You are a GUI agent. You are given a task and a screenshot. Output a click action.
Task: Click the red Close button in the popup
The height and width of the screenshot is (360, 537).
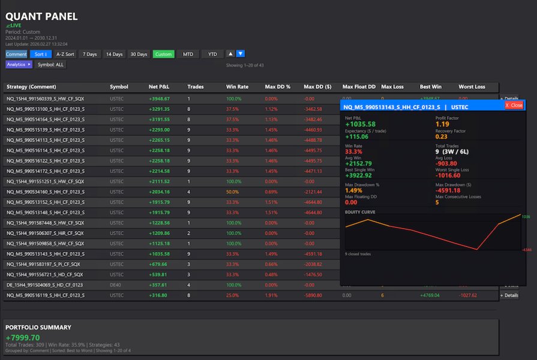pyautogui.click(x=514, y=105)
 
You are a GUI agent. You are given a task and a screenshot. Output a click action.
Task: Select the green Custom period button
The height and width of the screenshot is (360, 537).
pyautogui.click(x=163, y=54)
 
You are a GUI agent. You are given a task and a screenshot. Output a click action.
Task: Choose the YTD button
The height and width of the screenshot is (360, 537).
pyautogui.click(x=212, y=54)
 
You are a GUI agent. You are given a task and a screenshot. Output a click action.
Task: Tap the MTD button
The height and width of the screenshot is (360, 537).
pyautogui.click(x=188, y=54)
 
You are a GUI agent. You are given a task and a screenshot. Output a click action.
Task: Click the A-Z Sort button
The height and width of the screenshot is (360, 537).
pyautogui.click(x=65, y=54)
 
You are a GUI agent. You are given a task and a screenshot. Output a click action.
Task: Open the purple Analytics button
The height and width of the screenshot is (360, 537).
pyautogui.click(x=19, y=64)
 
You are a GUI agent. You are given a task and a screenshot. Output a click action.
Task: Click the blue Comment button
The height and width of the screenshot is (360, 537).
pyautogui.click(x=16, y=54)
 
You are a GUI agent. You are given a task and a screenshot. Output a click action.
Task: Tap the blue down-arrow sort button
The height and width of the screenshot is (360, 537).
pyautogui.click(x=241, y=54)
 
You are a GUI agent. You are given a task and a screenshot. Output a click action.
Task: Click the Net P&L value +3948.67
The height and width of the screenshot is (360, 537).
pyautogui.click(x=159, y=98)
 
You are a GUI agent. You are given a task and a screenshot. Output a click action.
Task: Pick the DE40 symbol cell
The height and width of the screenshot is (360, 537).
pyautogui.click(x=116, y=285)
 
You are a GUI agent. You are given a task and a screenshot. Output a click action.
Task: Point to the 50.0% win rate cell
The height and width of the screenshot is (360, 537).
pyautogui.click(x=232, y=192)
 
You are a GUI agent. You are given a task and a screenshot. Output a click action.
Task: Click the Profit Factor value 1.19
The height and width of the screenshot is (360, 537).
pyautogui.click(x=442, y=124)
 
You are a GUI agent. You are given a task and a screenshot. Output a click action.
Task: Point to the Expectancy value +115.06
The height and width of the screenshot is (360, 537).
pyautogui.click(x=357, y=137)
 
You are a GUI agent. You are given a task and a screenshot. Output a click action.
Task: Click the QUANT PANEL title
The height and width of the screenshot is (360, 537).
pyautogui.click(x=41, y=16)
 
